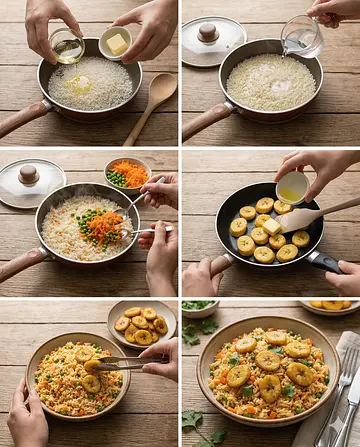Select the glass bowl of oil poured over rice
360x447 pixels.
coord(67,47)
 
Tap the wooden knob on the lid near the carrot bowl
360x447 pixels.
coord(29,174)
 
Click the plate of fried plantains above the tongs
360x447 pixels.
coord(140,324)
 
